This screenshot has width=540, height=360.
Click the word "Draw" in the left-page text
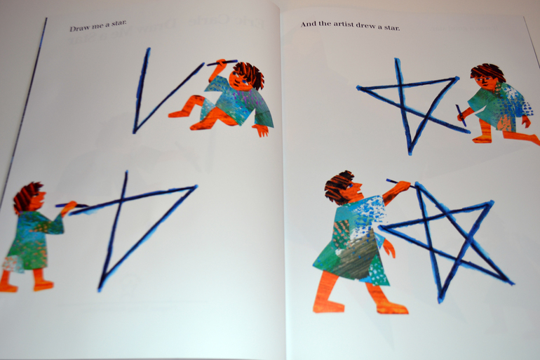click(x=77, y=28)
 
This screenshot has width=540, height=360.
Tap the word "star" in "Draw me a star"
click(x=119, y=23)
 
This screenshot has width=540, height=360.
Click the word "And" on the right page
click(x=307, y=24)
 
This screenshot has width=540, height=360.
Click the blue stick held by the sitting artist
click(x=222, y=62)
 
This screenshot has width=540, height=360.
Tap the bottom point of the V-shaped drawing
click(x=135, y=131)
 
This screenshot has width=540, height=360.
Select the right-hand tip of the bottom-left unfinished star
click(x=196, y=187)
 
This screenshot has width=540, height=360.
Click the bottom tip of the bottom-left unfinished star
click(x=100, y=288)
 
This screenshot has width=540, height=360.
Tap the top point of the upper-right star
click(x=397, y=60)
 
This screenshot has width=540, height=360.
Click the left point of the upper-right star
click(x=358, y=88)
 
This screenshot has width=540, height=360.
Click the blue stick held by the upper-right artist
click(x=461, y=115)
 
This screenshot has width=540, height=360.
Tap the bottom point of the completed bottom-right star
click(x=440, y=301)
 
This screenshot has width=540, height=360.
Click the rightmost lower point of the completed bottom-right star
click(x=512, y=284)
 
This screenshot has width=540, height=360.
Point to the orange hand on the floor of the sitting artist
click(x=261, y=130)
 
